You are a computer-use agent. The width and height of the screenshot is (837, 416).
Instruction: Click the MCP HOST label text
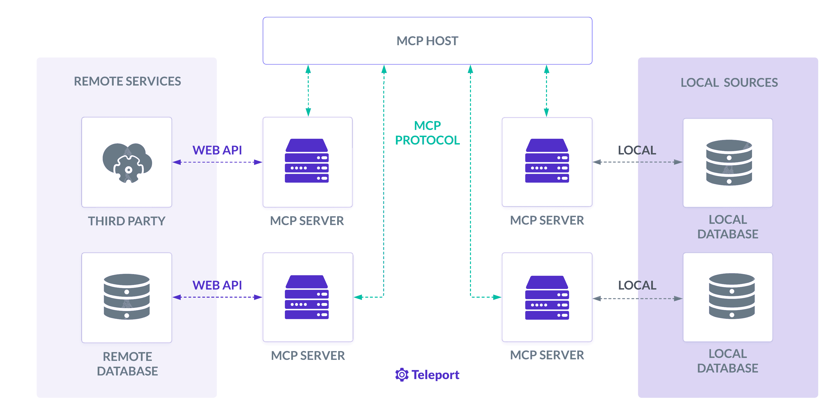point(427,41)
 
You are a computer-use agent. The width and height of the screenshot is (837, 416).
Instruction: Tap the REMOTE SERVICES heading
point(127,81)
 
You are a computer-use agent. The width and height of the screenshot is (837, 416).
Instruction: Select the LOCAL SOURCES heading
point(729,83)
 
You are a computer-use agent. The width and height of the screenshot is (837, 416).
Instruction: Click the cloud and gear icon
point(127,163)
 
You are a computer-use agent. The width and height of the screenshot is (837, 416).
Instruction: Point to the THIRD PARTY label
point(127,221)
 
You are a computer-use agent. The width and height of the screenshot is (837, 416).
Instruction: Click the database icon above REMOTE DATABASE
point(127,296)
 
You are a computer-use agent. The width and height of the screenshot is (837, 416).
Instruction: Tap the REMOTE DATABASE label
point(127,364)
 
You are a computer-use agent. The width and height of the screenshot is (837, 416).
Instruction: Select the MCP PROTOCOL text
point(427,133)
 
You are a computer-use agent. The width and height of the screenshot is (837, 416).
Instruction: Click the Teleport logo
point(427,375)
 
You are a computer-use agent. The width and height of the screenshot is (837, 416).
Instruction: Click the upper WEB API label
point(217,150)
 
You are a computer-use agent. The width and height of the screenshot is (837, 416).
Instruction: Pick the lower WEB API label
point(217,285)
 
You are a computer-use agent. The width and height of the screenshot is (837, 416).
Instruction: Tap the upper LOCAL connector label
point(637,150)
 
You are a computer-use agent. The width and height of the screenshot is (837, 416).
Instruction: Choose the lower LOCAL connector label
point(637,285)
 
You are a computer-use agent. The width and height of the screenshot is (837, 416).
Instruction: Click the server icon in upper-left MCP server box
point(307,161)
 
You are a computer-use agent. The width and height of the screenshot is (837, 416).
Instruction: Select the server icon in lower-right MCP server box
point(547,297)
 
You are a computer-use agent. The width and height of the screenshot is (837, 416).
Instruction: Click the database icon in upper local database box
point(729,163)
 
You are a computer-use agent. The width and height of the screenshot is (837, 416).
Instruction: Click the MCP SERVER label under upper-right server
point(547,220)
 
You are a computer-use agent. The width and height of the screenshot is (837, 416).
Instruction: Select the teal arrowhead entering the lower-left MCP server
point(358,297)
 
